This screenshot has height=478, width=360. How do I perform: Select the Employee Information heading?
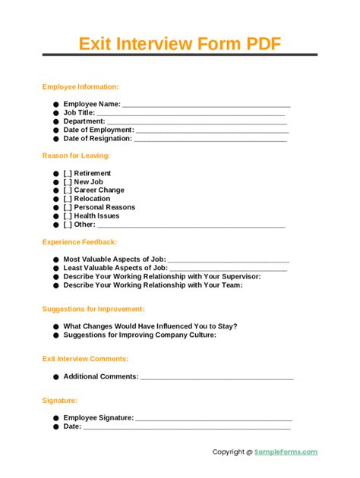click(x=81, y=87)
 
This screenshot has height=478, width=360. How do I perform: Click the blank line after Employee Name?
click(x=206, y=105)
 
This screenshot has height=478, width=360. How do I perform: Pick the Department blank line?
click(x=197, y=121)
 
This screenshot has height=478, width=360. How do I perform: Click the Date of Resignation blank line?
click(x=210, y=139)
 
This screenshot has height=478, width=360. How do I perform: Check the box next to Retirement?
click(x=68, y=174)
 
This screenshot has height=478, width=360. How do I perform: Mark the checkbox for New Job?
click(x=68, y=182)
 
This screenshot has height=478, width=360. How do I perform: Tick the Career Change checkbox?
click(x=68, y=190)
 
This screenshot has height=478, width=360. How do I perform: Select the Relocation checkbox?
click(x=68, y=199)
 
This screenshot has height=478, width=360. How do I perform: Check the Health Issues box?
click(x=68, y=215)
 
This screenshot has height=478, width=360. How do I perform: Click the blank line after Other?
click(x=191, y=225)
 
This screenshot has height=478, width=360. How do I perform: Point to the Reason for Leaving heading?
click(x=76, y=156)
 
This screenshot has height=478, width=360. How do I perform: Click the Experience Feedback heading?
click(x=80, y=242)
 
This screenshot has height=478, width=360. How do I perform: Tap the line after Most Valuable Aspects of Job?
click(x=228, y=260)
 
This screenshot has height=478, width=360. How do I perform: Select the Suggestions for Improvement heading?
click(x=93, y=310)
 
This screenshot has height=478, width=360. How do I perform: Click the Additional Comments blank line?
click(x=217, y=377)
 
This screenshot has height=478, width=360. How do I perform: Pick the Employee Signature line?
click(x=213, y=418)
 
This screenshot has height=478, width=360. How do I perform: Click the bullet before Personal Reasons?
click(x=56, y=208)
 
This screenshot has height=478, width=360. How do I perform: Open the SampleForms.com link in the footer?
click(x=286, y=452)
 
